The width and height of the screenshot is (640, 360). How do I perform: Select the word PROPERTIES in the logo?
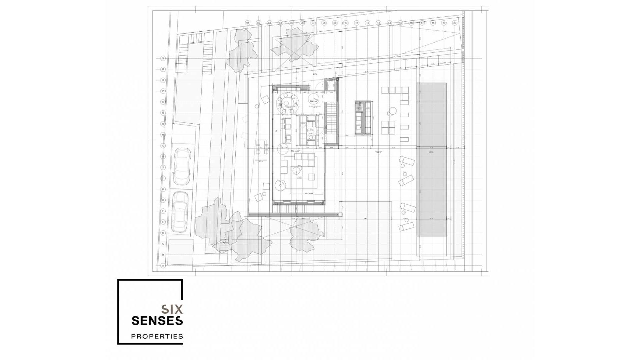pyautogui.click(x=157, y=336)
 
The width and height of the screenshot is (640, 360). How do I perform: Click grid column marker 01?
pyautogui.click(x=248, y=23)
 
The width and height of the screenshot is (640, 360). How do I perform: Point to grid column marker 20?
pyautogui.click(x=455, y=23)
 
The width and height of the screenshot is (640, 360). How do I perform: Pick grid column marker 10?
pyautogui.click(x=346, y=23)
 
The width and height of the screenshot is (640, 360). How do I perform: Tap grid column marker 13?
pyautogui.click(x=378, y=23)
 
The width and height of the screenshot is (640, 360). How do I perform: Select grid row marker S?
pyautogui.click(x=163, y=58)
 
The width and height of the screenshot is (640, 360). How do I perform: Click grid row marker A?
pyautogui.click(x=163, y=266)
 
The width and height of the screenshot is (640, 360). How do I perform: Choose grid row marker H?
pyautogui.click(x=163, y=189)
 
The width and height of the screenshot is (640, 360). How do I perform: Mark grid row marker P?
pyautogui.click(x=163, y=91)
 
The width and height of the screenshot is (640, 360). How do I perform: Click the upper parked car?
pyautogui.click(x=182, y=166)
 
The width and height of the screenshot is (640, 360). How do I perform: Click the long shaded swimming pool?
pyautogui.click(x=431, y=160)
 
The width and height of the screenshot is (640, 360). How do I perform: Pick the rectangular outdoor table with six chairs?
pyautogui.click(x=262, y=148)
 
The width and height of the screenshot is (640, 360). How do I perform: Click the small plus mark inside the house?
pyautogui.click(x=276, y=131)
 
